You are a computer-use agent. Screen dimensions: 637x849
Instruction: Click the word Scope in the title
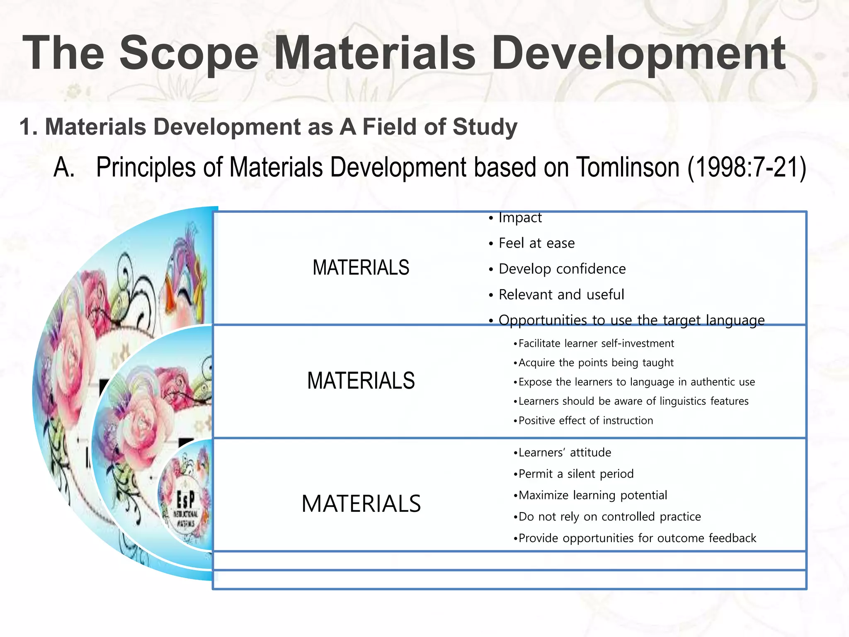(x=189, y=53)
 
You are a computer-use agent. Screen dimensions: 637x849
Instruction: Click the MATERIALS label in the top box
(x=361, y=267)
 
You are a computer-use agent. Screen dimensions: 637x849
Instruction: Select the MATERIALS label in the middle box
(x=361, y=381)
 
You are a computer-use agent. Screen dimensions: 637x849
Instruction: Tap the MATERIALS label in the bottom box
(x=361, y=504)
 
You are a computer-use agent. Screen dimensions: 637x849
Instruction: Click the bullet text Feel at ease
(x=536, y=243)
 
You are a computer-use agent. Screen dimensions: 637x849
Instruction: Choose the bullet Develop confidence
(x=562, y=269)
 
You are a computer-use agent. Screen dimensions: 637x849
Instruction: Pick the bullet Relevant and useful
(x=561, y=294)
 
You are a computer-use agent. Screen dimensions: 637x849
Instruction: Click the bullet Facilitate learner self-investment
(x=596, y=343)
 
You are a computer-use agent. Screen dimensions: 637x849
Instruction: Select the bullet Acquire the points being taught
(x=596, y=362)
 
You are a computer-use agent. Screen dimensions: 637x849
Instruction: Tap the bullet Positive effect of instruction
(x=585, y=421)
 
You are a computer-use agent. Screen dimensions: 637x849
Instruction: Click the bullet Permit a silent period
(x=576, y=474)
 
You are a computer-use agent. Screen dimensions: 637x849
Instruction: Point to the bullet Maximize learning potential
(x=592, y=495)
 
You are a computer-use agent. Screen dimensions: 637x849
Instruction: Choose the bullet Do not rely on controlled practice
(x=609, y=517)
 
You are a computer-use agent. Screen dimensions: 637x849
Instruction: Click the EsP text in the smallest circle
(x=185, y=501)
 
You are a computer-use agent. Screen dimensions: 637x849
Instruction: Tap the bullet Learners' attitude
(x=564, y=452)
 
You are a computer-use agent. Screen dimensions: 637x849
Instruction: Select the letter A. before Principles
(x=64, y=168)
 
